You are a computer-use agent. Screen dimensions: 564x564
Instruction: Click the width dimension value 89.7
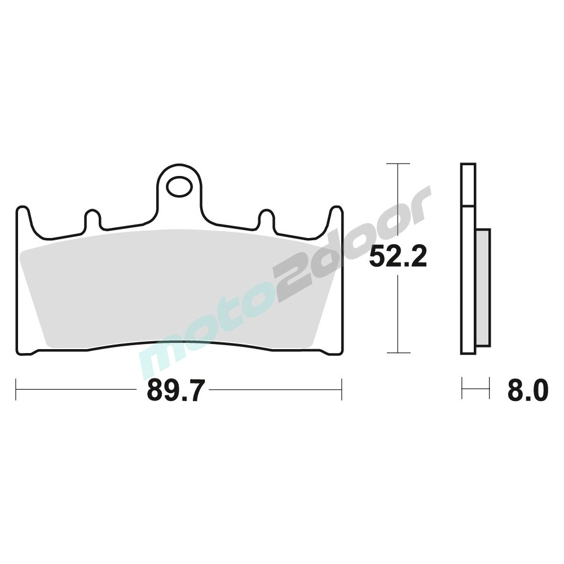[174, 390]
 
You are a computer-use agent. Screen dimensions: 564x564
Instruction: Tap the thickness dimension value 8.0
[527, 390]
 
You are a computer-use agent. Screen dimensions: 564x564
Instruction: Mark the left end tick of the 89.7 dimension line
[16, 389]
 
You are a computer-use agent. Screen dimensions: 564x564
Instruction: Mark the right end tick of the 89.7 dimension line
[342, 389]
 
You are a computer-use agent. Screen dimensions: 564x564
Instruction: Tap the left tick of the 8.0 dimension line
[462, 389]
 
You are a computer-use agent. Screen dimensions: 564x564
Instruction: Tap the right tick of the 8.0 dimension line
[488, 389]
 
